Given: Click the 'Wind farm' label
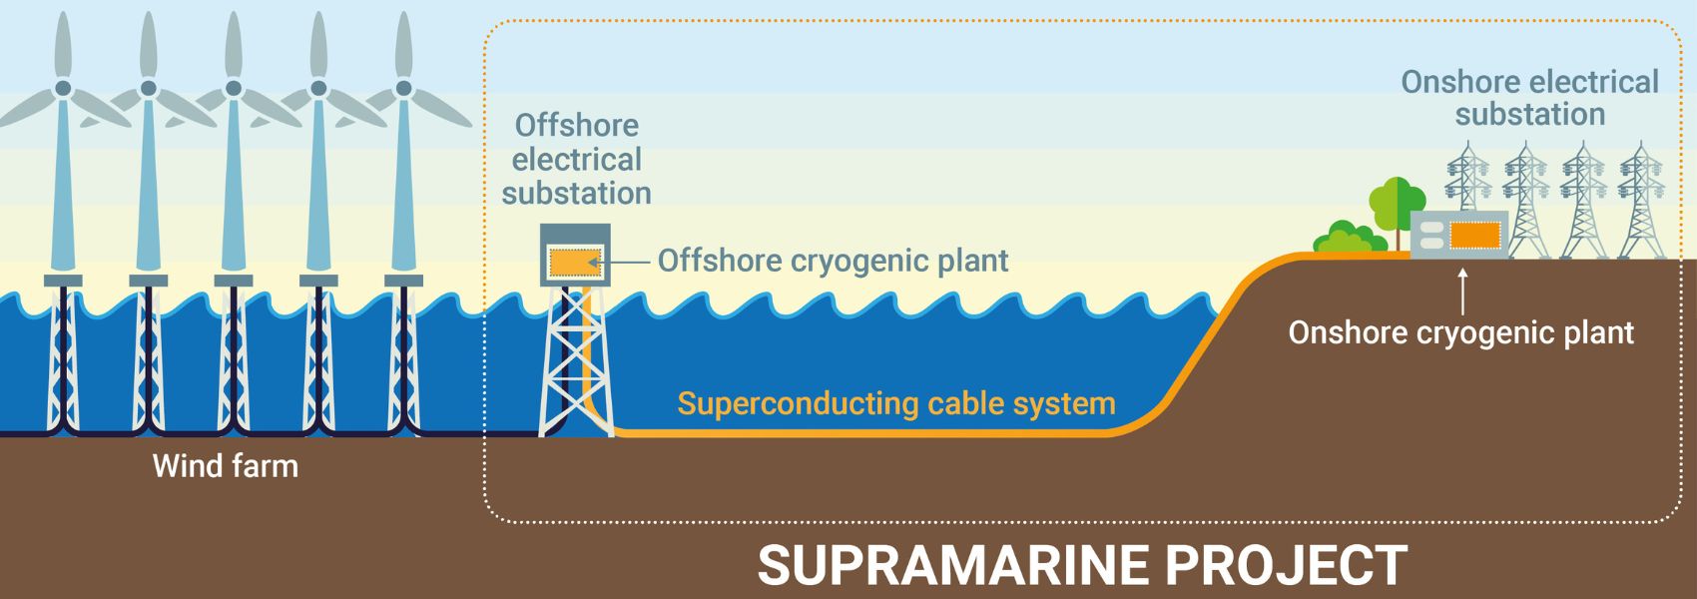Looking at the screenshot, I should click(x=226, y=466).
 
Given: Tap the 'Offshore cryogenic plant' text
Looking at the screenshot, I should click(x=833, y=261).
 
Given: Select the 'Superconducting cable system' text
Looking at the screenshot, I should click(x=895, y=403).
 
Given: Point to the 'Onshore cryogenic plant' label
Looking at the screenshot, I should click(x=1460, y=332).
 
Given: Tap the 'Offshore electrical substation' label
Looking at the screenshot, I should click(x=576, y=160).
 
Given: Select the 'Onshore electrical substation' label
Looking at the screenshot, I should click(x=1529, y=98).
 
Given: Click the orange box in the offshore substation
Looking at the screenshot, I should click(x=575, y=262).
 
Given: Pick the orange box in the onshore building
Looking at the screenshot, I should click(x=1474, y=235).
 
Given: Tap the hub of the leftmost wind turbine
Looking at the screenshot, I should click(x=63, y=88).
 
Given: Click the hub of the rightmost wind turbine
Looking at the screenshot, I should click(x=403, y=88).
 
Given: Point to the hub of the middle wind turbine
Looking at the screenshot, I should click(x=234, y=88).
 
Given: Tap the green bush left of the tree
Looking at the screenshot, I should click(x=1348, y=240).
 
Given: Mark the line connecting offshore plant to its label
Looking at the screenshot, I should click(x=625, y=262).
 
